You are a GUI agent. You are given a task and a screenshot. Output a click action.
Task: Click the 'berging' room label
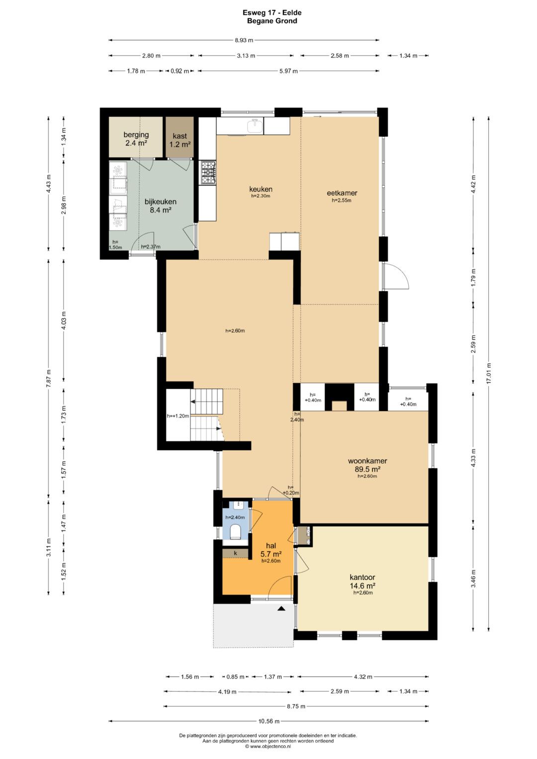(136, 135)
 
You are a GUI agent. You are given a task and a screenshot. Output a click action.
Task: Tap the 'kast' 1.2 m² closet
(179, 137)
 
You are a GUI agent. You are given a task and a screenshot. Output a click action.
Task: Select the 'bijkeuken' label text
(160, 202)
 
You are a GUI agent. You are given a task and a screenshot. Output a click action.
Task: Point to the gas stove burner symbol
(208, 173)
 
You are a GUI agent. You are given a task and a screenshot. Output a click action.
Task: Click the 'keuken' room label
(261, 189)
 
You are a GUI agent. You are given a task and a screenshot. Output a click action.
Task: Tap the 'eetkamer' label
(342, 193)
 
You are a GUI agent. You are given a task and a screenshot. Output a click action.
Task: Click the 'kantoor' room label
(362, 577)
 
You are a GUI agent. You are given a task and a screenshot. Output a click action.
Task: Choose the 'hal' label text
(271, 546)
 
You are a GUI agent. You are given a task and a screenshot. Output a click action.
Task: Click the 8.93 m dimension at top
(244, 40)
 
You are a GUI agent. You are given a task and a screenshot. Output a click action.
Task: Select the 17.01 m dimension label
(488, 373)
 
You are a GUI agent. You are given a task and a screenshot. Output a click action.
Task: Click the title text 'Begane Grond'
(272, 21)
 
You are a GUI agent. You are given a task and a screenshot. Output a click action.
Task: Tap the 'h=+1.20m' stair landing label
(178, 416)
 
